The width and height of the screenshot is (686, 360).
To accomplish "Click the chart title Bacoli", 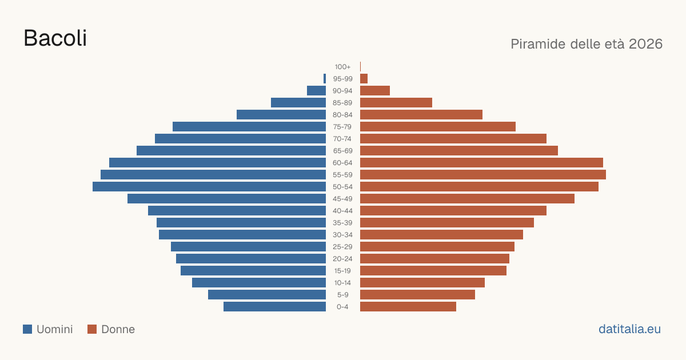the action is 55,38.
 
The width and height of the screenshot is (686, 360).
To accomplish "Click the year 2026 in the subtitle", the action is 645,44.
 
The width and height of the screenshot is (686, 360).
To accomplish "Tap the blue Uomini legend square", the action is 27,329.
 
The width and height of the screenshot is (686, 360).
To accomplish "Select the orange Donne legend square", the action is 92,329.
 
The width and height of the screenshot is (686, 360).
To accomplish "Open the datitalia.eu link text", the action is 629,329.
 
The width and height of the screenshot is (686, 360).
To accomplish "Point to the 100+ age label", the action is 342,67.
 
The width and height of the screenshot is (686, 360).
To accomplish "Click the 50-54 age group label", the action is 342,187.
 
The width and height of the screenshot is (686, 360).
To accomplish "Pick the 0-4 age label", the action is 342,307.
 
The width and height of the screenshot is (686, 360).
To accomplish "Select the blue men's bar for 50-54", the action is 209,187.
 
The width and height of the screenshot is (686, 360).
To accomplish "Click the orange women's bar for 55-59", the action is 483,175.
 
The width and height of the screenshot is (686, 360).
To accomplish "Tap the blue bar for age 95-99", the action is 325,79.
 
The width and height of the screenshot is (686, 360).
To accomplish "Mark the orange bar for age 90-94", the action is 375,91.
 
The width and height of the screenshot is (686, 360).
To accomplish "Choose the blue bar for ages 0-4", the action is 275,307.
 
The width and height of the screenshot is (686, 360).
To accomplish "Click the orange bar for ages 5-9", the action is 417,295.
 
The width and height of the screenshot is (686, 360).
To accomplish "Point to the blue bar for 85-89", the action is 298,102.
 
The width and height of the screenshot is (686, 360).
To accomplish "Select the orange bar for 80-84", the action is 421,115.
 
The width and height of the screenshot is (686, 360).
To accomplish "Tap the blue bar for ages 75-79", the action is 249,127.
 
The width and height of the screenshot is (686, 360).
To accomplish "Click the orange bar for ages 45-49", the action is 468,199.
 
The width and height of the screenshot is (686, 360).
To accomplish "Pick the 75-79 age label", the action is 342,127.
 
